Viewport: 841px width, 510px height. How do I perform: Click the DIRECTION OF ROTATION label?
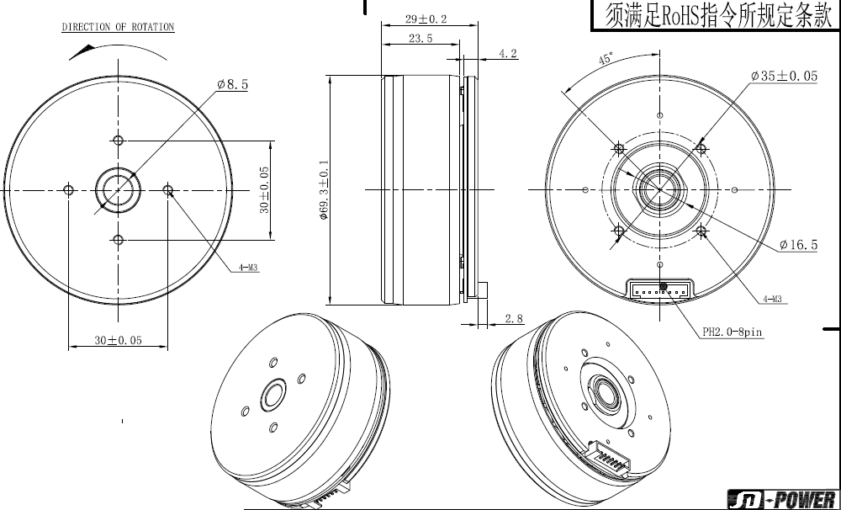(118, 27)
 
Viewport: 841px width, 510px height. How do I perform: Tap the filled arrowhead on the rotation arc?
(82, 51)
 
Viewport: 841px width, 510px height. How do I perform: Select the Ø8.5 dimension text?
(232, 84)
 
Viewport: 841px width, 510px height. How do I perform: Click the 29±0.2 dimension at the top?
(426, 19)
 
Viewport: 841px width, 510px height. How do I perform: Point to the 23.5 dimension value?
(420, 39)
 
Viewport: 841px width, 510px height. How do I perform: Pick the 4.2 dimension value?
(507, 54)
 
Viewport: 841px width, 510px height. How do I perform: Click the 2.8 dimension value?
(514, 319)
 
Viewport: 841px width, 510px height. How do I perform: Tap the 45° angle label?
(606, 59)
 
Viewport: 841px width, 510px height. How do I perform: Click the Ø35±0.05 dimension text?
(784, 77)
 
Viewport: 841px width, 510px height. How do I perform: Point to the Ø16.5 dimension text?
(799, 246)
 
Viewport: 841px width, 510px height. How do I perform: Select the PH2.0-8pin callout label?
(733, 332)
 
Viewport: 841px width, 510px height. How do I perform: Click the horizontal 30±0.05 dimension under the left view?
(118, 340)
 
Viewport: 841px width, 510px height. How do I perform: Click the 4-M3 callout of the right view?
(772, 299)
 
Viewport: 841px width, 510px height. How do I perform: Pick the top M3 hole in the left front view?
(119, 141)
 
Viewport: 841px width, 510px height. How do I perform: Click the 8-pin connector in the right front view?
(664, 290)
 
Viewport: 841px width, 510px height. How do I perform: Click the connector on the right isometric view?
(609, 460)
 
